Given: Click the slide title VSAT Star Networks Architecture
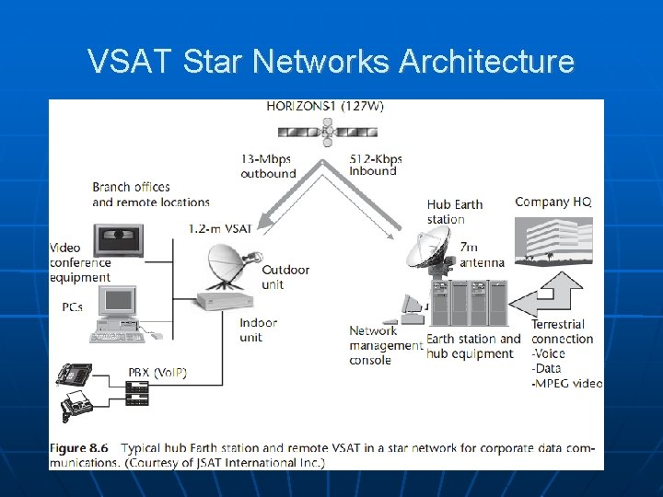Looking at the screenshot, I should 331,62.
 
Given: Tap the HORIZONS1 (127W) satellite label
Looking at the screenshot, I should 325,106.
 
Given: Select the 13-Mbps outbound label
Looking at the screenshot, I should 268,166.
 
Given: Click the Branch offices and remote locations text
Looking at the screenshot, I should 151,194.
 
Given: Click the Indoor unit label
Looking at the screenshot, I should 258,330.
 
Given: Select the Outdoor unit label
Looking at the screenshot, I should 285,277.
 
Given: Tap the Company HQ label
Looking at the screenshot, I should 552,202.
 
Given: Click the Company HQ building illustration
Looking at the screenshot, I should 552,241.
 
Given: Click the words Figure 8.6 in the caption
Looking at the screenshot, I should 79,448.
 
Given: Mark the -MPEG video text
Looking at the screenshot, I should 567,383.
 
